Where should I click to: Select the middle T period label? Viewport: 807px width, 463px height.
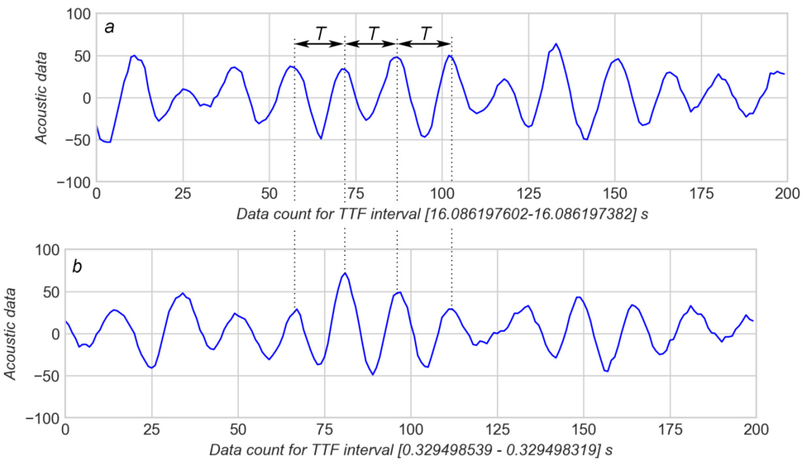[374, 33]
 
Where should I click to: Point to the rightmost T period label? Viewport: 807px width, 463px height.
[426, 33]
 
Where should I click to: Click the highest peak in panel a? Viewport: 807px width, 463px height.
[556, 44]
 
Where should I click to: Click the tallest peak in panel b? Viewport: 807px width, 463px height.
[345, 273]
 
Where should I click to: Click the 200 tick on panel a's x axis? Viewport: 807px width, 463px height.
[787, 194]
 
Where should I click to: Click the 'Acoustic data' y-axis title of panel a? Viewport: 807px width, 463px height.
[41, 98]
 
